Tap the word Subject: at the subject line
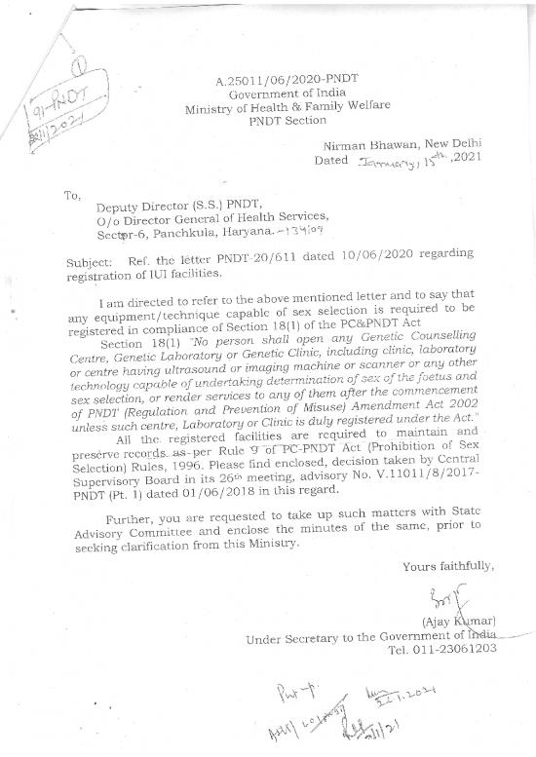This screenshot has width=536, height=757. click(91, 263)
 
